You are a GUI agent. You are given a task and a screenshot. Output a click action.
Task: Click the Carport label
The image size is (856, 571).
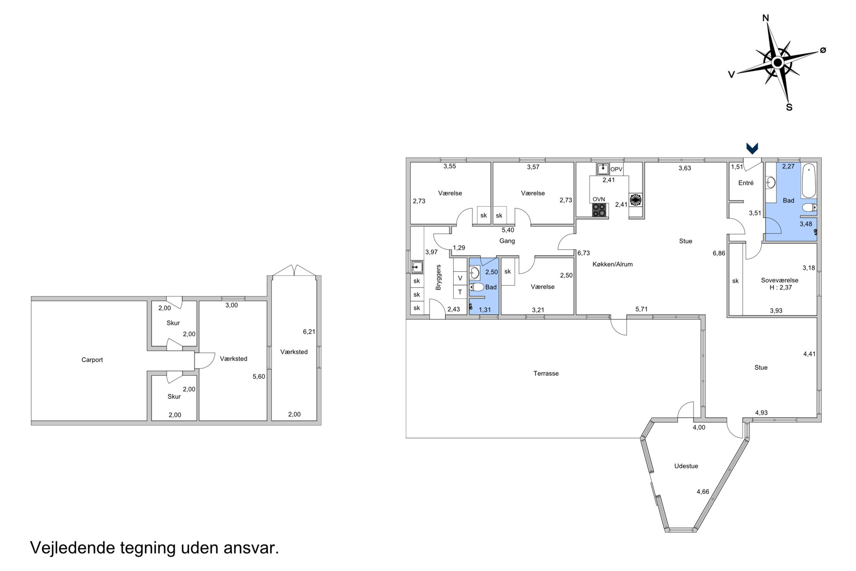[x=92, y=360]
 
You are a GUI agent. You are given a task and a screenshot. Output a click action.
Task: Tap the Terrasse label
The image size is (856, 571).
[x=546, y=374]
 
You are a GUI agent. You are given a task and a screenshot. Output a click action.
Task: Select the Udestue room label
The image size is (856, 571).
[x=686, y=466]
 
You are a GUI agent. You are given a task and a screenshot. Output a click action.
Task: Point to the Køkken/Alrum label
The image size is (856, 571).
[x=612, y=264]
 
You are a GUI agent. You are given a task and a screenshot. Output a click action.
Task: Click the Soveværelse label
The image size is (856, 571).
[x=779, y=280]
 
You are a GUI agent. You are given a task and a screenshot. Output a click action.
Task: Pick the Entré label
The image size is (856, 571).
[x=746, y=183]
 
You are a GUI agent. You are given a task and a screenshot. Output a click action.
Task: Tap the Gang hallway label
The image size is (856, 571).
[x=507, y=241]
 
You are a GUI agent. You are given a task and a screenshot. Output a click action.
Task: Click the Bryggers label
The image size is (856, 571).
[x=438, y=277]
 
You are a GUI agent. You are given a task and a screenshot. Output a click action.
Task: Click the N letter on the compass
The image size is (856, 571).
[x=766, y=18]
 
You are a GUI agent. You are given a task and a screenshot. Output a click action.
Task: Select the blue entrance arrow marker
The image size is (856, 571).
[x=752, y=148]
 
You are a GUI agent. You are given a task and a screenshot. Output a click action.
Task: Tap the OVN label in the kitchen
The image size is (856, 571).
[x=599, y=199]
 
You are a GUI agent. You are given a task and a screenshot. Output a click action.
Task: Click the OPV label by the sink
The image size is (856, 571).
[x=616, y=169]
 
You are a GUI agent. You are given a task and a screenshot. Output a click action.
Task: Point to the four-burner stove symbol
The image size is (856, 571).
[x=599, y=210]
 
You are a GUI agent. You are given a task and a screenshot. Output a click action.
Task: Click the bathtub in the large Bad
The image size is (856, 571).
[x=809, y=180]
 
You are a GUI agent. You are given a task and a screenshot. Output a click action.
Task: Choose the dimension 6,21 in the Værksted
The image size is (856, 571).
[x=309, y=332]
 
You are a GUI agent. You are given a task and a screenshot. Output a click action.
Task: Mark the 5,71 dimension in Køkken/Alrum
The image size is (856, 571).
[x=641, y=309]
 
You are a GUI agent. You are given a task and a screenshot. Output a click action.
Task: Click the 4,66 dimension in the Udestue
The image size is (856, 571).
[x=703, y=492]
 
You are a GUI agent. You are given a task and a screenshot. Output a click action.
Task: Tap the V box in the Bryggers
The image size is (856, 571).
[x=460, y=278]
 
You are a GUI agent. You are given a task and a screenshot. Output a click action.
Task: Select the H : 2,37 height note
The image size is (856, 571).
[x=781, y=287]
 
